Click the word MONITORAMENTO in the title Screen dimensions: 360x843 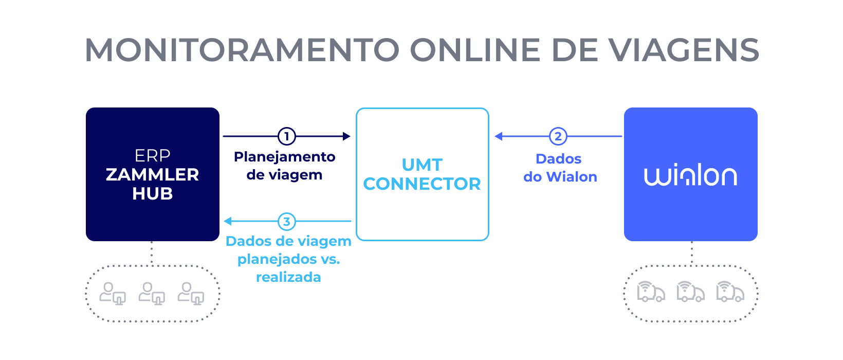click(242, 50)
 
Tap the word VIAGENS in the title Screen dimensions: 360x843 click(684, 50)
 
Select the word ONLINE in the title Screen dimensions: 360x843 click(475, 50)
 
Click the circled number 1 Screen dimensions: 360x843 click(287, 136)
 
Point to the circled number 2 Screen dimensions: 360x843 click(558, 136)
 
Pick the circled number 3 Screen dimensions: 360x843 click(287, 222)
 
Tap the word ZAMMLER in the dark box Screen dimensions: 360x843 click(153, 175)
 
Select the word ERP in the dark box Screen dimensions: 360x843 click(153, 155)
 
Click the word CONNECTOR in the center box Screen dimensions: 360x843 click(422, 184)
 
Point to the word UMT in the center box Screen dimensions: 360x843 click(422, 165)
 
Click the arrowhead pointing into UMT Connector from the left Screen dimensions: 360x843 click(346, 136)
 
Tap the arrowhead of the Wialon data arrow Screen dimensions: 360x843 click(499, 136)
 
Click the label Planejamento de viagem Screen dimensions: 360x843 click(284, 166)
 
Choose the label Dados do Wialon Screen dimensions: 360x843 click(560, 168)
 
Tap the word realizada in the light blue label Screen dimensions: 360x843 click(288, 277)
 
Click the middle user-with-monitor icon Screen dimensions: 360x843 click(152, 293)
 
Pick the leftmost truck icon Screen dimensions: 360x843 click(651, 292)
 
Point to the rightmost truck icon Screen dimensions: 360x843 click(730, 292)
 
